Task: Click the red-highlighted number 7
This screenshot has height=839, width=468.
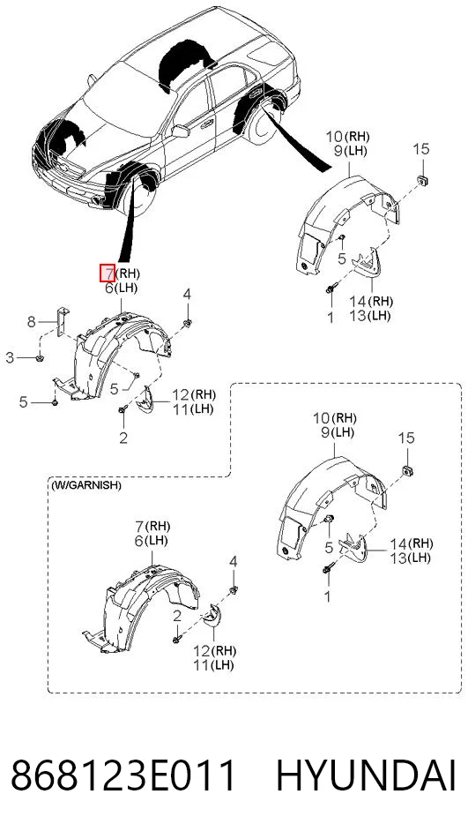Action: point(108,273)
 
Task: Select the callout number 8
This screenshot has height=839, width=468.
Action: point(31,322)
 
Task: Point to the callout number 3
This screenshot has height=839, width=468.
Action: point(10,357)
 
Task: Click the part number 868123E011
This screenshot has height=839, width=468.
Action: point(123,775)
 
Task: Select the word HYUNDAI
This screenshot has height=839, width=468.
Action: point(366,775)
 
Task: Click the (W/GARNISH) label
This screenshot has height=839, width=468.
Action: point(86,485)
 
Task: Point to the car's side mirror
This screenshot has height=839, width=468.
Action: point(181,131)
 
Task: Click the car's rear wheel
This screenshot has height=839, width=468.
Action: point(264,127)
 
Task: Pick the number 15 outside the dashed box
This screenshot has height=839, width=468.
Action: point(421,148)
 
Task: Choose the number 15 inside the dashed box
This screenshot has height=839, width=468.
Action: point(406,438)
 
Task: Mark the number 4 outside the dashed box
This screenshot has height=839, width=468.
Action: point(187,293)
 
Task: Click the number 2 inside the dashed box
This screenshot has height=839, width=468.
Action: point(177,617)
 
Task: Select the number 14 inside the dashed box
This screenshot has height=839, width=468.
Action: point(398,543)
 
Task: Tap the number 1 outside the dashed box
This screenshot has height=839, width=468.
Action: point(331,318)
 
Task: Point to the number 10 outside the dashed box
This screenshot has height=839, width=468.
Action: point(334,137)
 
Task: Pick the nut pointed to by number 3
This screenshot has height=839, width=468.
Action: point(41,357)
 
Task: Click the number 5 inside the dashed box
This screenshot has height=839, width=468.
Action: point(329,547)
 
